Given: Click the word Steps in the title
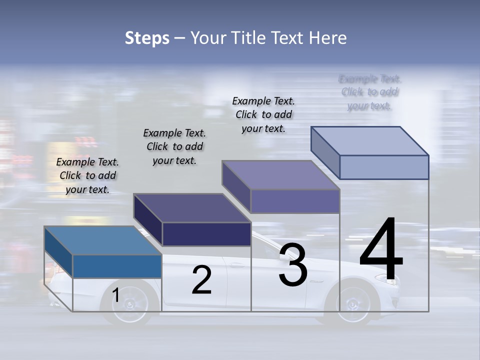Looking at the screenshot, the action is click(x=147, y=38).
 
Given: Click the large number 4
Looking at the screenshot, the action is click(x=381, y=250).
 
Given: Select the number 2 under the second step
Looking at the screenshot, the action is click(x=201, y=280).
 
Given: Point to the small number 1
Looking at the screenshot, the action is click(x=115, y=295).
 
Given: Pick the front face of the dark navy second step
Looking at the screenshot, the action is click(x=206, y=234).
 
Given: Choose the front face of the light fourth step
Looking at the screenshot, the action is click(x=384, y=167).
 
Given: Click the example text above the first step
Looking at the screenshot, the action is click(x=87, y=175).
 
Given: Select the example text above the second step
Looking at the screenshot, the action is click(x=174, y=146).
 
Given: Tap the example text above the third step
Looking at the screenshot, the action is click(x=263, y=114).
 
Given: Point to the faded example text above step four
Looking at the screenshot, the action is click(x=370, y=92).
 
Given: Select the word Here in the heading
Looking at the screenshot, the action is click(x=327, y=38).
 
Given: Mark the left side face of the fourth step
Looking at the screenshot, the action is click(x=325, y=149).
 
